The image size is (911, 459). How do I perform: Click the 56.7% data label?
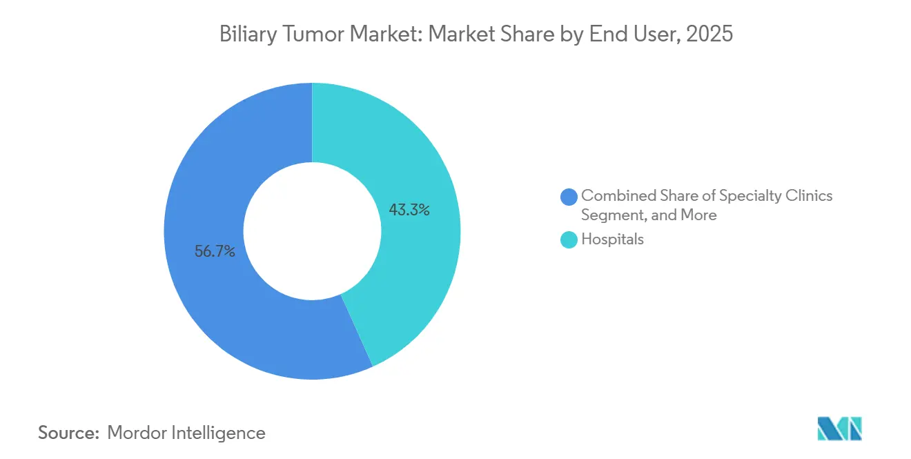[x=215, y=252]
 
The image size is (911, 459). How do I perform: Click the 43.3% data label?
[x=409, y=211]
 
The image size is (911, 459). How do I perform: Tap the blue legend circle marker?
[x=569, y=197]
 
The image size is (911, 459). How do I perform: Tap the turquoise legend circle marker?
[x=569, y=240]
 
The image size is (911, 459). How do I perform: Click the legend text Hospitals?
[x=612, y=240]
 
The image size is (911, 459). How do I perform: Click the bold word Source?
[x=69, y=433]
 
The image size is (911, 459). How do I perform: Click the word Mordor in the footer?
[x=135, y=433]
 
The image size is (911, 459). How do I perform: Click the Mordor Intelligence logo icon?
[x=839, y=429]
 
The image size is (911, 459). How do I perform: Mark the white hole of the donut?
[x=312, y=231]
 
